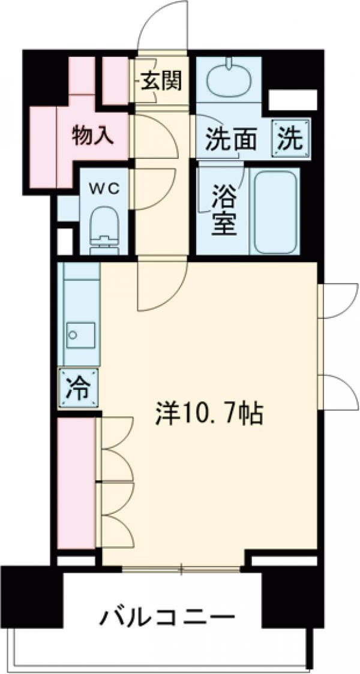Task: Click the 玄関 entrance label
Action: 161,80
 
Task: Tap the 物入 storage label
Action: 92,136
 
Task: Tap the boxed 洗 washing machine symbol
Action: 290,139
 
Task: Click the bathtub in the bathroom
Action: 275,211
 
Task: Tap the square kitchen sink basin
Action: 80,333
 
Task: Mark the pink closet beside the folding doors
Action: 77,483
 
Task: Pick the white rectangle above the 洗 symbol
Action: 292,100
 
